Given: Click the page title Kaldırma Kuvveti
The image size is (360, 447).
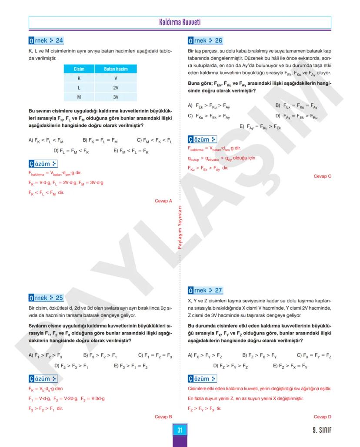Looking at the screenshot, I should click(x=180, y=22).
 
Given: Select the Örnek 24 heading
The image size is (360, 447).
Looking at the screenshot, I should click(x=46, y=41).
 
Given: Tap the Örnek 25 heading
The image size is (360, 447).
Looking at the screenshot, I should click(x=46, y=298).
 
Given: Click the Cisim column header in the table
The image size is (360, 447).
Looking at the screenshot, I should click(x=79, y=69).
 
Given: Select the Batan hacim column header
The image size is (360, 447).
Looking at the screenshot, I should click(x=116, y=69).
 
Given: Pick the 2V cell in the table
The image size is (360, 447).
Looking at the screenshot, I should click(x=116, y=87).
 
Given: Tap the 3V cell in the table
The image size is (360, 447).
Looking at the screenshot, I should click(x=116, y=96).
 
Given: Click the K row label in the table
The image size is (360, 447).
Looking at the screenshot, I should click(x=79, y=78).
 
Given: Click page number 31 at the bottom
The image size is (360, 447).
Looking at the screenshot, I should click(x=180, y=430).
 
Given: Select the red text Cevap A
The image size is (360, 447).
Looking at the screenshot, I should click(x=163, y=201).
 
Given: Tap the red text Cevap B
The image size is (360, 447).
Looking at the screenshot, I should click(x=163, y=417).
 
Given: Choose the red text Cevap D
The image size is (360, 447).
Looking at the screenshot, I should click(x=323, y=417).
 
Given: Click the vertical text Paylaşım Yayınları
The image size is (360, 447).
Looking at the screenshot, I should click(x=180, y=228).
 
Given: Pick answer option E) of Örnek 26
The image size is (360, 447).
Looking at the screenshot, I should click(x=260, y=127).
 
